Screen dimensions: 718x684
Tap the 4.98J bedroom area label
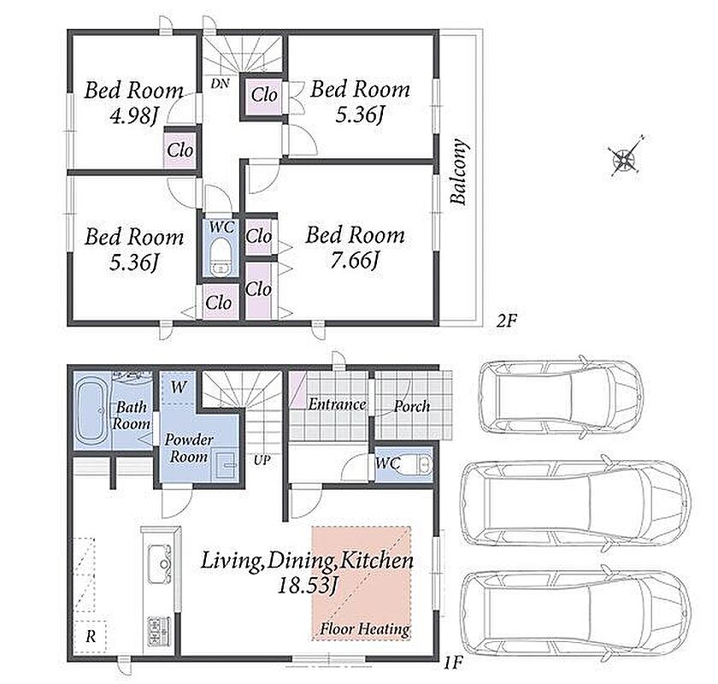133,115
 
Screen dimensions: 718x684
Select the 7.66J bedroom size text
355,261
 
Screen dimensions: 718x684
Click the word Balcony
459,171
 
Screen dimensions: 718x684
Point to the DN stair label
220,84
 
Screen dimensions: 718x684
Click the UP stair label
262,460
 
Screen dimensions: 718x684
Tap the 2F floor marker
506,321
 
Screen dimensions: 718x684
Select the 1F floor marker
453,663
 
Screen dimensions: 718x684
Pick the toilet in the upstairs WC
221,256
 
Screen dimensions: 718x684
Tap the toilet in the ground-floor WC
418,464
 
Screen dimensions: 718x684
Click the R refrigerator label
91,636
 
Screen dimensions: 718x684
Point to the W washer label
179,387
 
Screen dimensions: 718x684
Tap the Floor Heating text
364,629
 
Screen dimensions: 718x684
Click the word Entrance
337,404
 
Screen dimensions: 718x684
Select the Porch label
412,406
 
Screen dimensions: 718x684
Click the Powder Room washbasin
227,465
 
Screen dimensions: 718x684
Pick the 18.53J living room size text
308,586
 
